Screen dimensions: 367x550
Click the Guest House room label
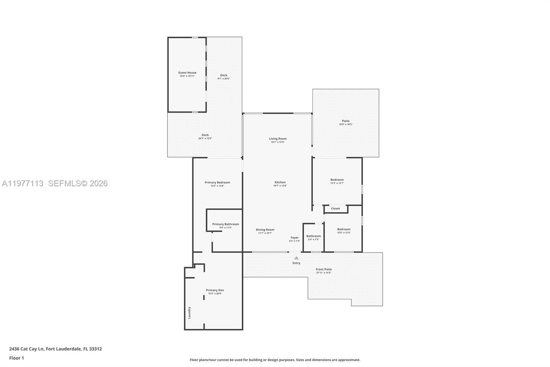click(187, 73)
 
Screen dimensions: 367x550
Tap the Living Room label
click(278, 139)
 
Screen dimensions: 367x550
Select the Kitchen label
click(280, 182)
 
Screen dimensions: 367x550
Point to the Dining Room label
click(265, 230)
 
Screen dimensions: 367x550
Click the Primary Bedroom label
click(217, 182)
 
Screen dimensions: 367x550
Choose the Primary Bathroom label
click(225, 224)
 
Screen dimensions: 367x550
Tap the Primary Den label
click(215, 290)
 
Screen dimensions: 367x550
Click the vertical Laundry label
click(189, 313)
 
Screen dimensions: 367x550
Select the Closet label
click(335, 209)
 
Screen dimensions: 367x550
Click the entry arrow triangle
click(296, 258)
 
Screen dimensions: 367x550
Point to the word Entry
click(296, 263)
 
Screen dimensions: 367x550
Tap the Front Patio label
click(324, 269)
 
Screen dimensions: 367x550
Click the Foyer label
click(295, 238)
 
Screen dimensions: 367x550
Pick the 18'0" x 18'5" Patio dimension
click(346, 124)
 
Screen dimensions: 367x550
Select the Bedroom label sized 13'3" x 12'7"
click(337, 180)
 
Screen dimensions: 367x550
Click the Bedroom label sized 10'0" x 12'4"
click(344, 229)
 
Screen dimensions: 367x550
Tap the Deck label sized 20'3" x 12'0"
click(205, 135)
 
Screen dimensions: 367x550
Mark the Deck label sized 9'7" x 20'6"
click(224, 75)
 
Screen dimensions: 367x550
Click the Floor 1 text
click(16, 358)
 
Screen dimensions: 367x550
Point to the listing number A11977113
click(23, 183)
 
